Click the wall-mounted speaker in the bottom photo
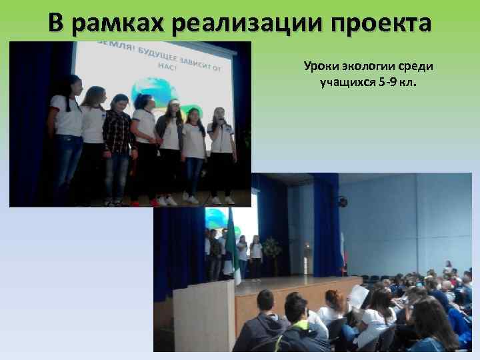[x=343, y=201]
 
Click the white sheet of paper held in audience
[x=358, y=297]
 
